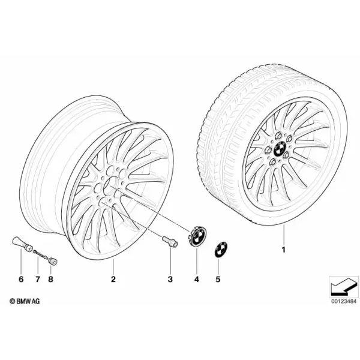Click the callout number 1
284,250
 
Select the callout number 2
113,279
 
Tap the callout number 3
170,279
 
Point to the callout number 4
197,279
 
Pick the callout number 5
218,279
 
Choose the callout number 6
21,279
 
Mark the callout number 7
38,279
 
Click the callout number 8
50,279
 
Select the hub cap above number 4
197,237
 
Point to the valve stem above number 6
22,243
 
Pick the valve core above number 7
40,254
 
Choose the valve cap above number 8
53,262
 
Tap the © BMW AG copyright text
25,301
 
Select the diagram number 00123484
344,301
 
